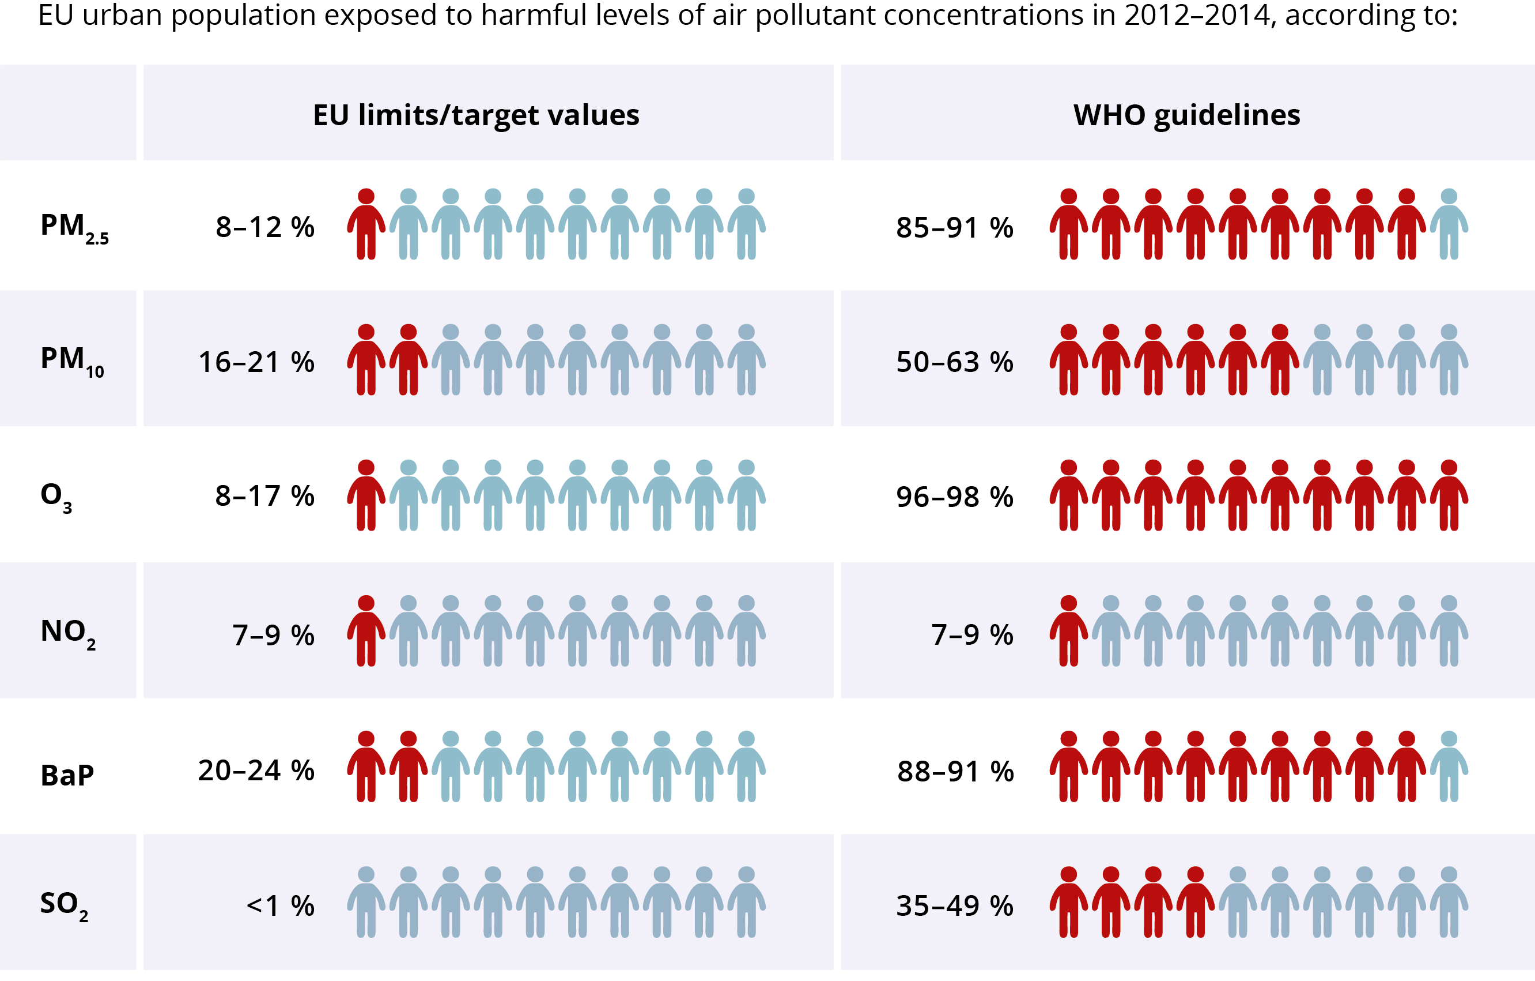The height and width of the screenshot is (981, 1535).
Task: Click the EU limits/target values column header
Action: [475, 115]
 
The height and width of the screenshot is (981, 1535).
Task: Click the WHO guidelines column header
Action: [1186, 115]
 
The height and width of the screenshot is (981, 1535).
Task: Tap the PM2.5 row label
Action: [73, 227]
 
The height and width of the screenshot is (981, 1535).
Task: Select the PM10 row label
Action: [71, 360]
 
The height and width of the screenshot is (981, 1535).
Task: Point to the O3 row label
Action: [56, 495]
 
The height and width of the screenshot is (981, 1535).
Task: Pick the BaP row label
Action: [67, 776]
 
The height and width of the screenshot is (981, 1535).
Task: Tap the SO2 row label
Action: [64, 904]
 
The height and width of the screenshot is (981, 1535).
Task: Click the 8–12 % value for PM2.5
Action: [264, 227]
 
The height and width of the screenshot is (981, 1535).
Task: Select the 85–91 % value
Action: [954, 228]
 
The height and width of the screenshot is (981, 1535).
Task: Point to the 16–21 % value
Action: [256, 362]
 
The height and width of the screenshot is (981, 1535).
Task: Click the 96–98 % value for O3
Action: [954, 497]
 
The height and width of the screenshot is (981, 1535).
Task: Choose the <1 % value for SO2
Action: [280, 905]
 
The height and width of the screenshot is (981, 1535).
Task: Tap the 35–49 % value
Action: [954, 905]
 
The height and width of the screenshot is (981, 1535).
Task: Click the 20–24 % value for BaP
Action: [256, 770]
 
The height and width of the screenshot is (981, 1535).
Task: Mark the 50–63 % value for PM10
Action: [954, 362]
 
